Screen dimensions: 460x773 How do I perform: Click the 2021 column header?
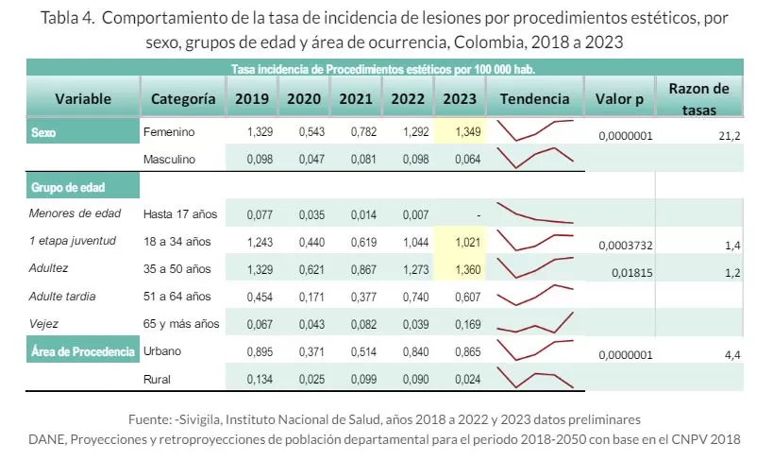(x=355, y=98)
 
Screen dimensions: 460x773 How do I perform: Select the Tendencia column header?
(x=534, y=98)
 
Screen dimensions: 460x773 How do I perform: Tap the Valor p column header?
(x=619, y=98)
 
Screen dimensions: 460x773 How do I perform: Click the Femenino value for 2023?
(x=458, y=132)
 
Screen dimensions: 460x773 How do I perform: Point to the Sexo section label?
(x=44, y=133)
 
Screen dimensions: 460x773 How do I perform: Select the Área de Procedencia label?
(x=82, y=351)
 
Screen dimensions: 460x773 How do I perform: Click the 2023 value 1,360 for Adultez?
(x=458, y=269)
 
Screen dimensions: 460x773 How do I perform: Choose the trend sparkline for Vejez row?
(x=535, y=323)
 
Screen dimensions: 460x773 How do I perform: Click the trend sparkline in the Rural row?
(x=535, y=380)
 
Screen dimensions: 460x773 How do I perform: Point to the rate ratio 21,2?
(x=728, y=136)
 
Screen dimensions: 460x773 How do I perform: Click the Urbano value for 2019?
(x=260, y=351)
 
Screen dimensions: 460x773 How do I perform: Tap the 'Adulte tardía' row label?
(x=69, y=297)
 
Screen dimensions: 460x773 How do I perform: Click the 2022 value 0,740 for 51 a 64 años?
(x=406, y=297)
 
